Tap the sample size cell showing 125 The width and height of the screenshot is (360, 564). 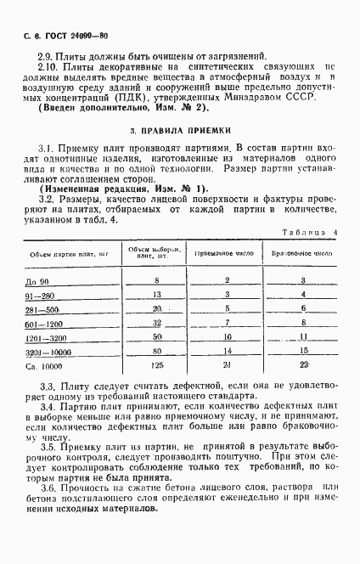click(x=156, y=365)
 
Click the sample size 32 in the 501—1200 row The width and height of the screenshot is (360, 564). click(x=156, y=323)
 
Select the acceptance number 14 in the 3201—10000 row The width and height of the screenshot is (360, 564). click(x=228, y=351)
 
